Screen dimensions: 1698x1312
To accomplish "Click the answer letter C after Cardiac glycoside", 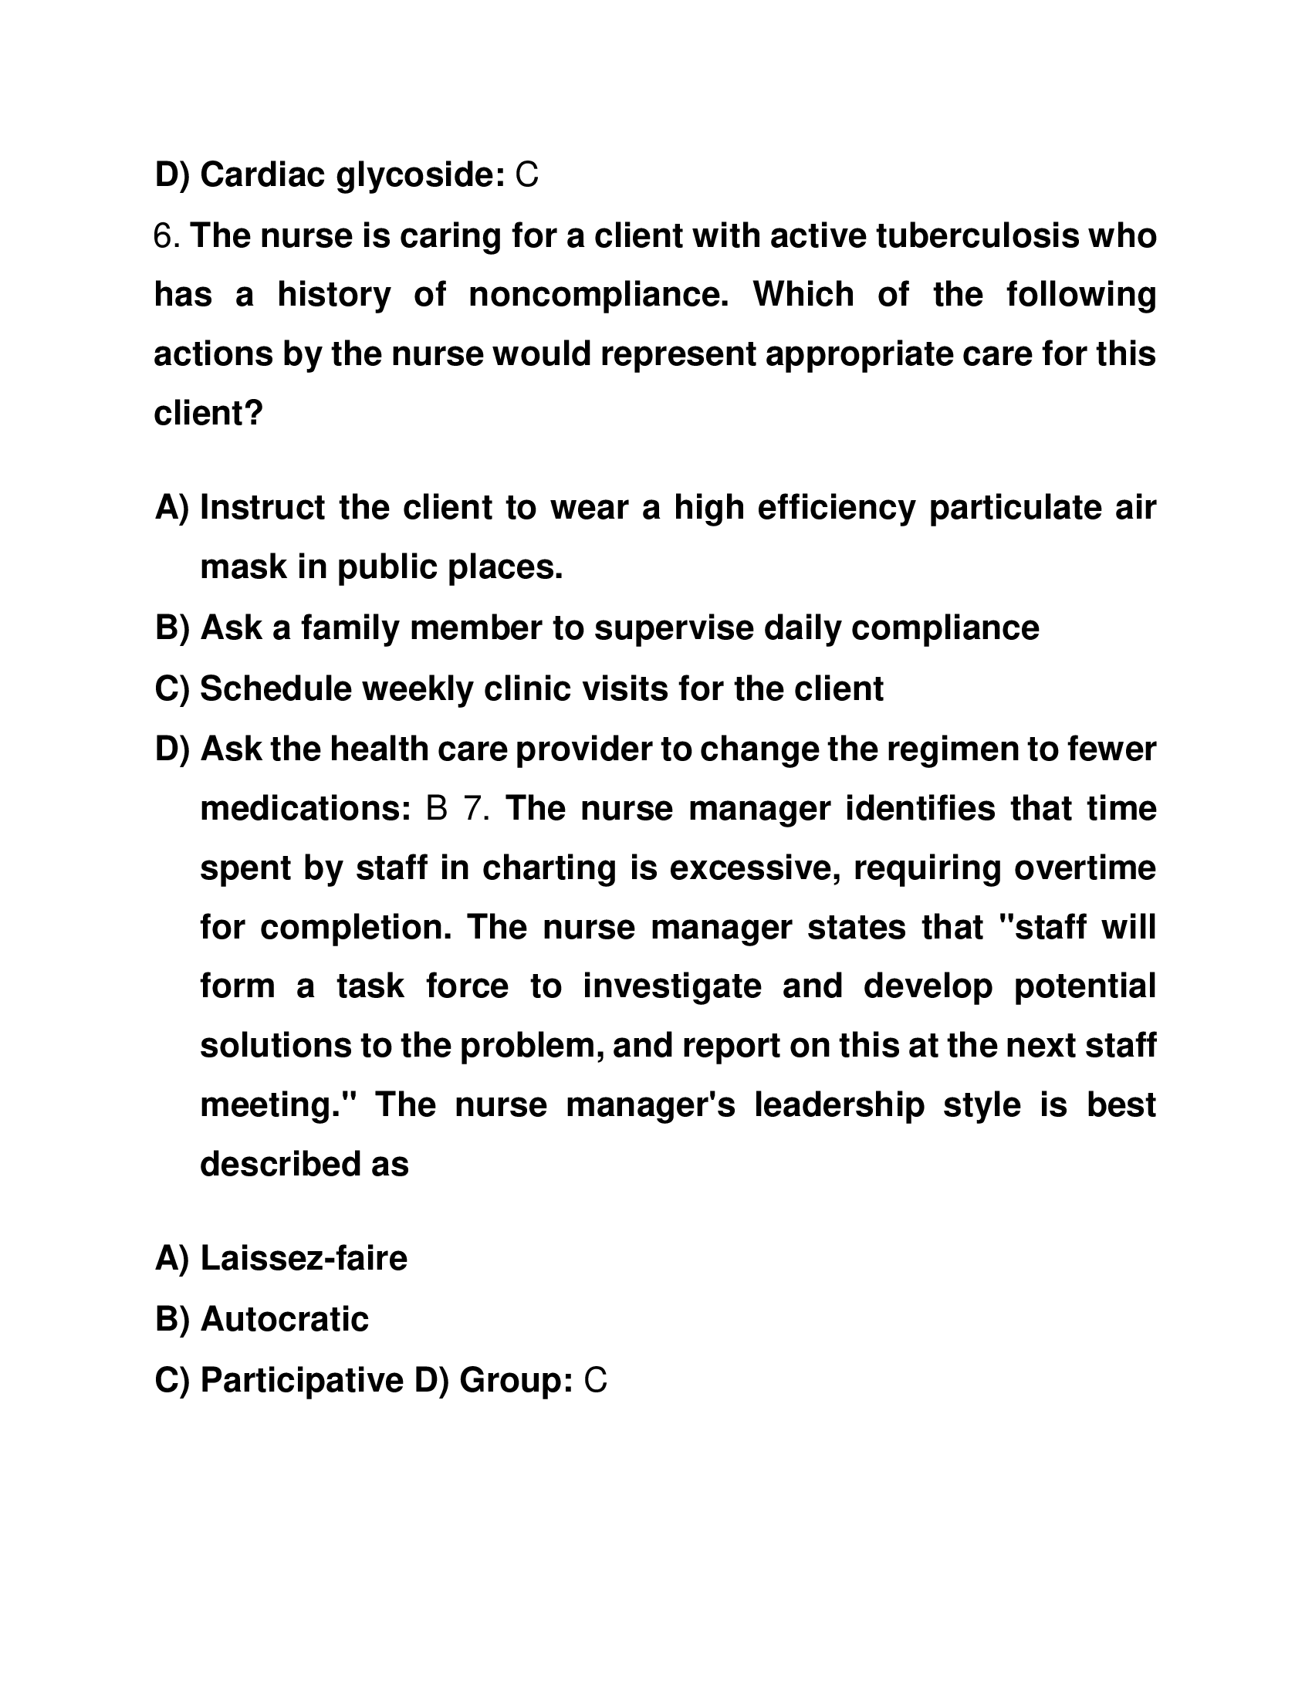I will pyautogui.click(x=526, y=176).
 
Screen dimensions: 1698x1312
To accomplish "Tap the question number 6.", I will pyautogui.click(x=166, y=235).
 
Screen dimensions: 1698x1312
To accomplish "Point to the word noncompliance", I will pyautogui.click(x=598, y=295).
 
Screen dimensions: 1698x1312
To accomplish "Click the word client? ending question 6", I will pyautogui.click(x=208, y=413).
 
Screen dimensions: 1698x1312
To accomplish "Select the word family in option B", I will pyautogui.click(x=350, y=627).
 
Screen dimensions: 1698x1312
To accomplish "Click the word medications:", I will pyautogui.click(x=306, y=809).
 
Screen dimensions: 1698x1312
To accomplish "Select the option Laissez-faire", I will pyautogui.click(x=303, y=1258).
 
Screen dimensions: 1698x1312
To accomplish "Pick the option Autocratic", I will pyautogui.click(x=285, y=1319).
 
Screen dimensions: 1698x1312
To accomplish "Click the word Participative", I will pyautogui.click(x=303, y=1380).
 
